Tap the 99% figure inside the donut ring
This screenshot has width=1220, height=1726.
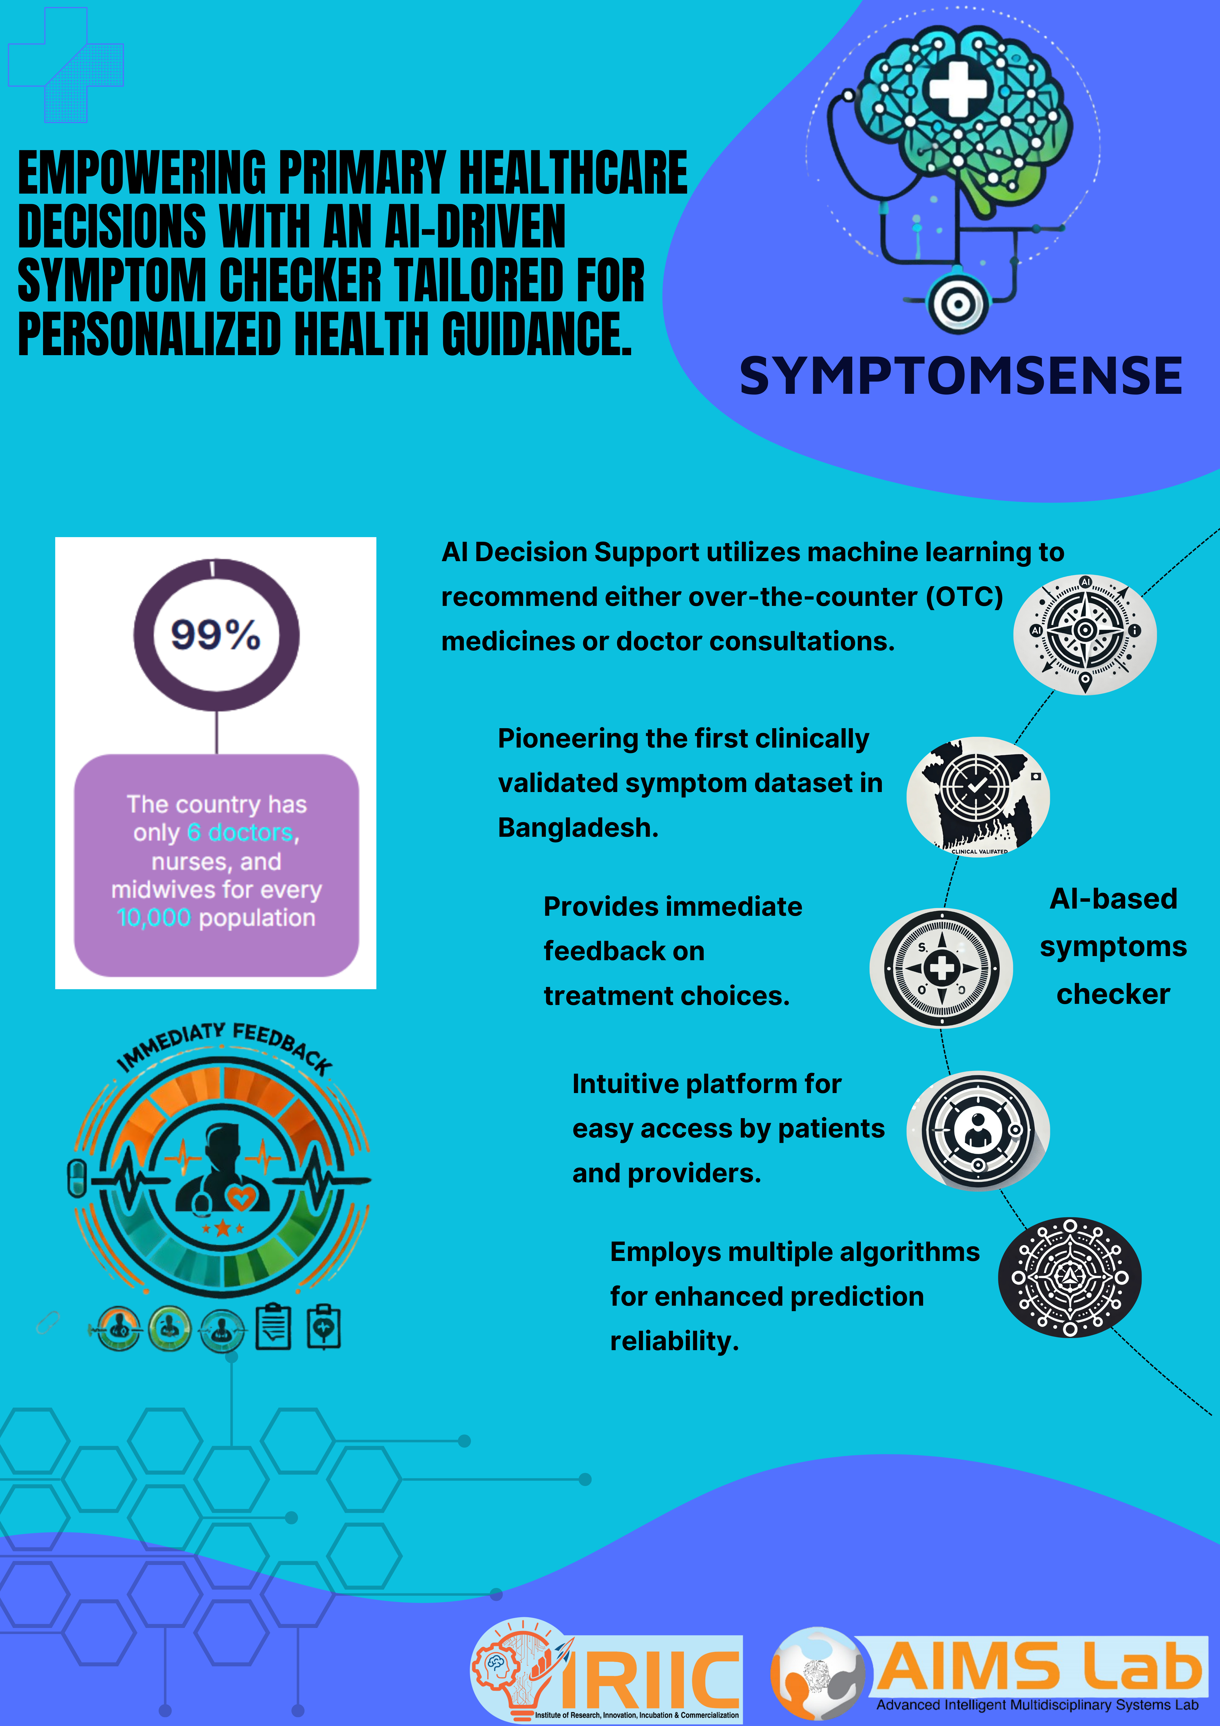coord(216,635)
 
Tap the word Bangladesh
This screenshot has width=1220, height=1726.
coord(577,828)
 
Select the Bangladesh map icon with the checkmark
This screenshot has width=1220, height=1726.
coord(977,795)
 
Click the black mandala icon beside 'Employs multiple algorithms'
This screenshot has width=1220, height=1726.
coord(1069,1277)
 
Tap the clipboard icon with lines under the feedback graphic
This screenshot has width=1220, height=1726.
coord(274,1328)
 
